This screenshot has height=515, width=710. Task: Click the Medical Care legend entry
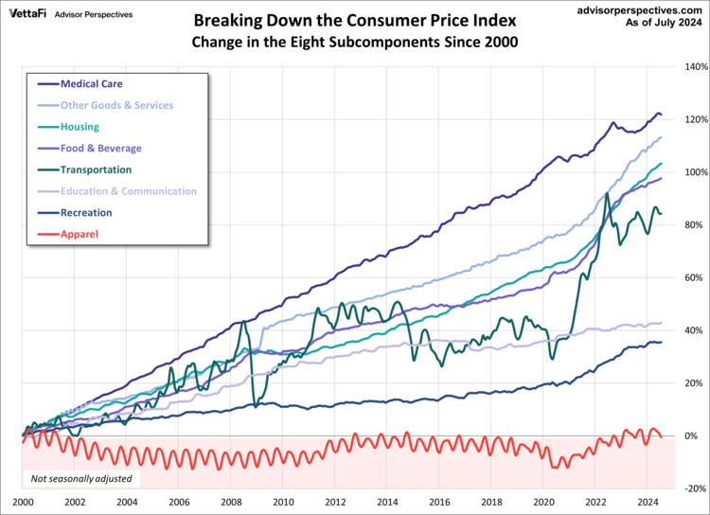[x=91, y=83]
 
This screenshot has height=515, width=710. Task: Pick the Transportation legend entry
[x=96, y=169]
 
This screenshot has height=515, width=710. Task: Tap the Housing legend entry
[x=80, y=126]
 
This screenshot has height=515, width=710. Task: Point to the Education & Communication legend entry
[x=128, y=191]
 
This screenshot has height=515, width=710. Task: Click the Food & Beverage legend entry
[x=100, y=148]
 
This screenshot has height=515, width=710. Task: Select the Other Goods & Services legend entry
[x=116, y=105]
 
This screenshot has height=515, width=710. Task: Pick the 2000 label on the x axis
[x=23, y=502]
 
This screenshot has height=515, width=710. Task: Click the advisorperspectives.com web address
[x=634, y=9]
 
